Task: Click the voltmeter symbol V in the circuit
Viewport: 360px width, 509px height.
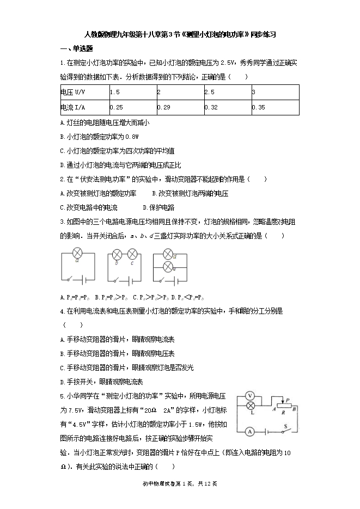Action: point(251,395)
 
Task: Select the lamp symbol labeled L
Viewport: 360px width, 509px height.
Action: point(251,406)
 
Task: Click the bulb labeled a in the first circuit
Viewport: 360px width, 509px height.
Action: point(77,254)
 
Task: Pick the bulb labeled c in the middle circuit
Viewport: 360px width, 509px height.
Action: point(131,254)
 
